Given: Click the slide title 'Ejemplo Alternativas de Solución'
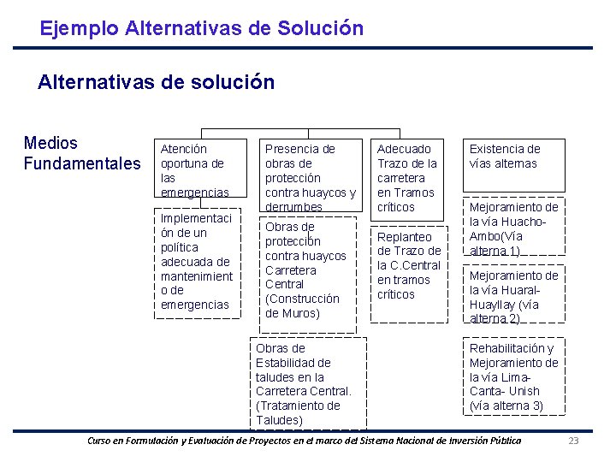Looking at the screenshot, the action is coord(201,28).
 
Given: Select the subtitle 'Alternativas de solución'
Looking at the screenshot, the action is coord(156,82).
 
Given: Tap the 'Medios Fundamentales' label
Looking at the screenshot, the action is coord(81,153).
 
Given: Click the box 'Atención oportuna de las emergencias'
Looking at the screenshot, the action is coord(199,170).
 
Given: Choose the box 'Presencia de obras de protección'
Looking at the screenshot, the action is coord(309,177).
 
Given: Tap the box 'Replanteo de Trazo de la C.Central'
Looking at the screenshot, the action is coord(409,267).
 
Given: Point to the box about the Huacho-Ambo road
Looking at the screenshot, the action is coord(514,228).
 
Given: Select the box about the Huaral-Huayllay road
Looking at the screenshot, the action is coord(514,296).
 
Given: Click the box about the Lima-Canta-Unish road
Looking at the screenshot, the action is coord(514,376).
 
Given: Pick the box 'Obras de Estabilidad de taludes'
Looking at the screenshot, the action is coord(308,384).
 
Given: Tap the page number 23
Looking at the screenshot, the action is coord(574,441).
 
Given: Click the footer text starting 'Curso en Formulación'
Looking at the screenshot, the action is coord(305,441).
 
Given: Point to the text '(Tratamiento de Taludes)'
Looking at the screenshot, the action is coord(298,413).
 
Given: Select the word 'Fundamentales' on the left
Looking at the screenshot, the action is coord(81,163).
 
